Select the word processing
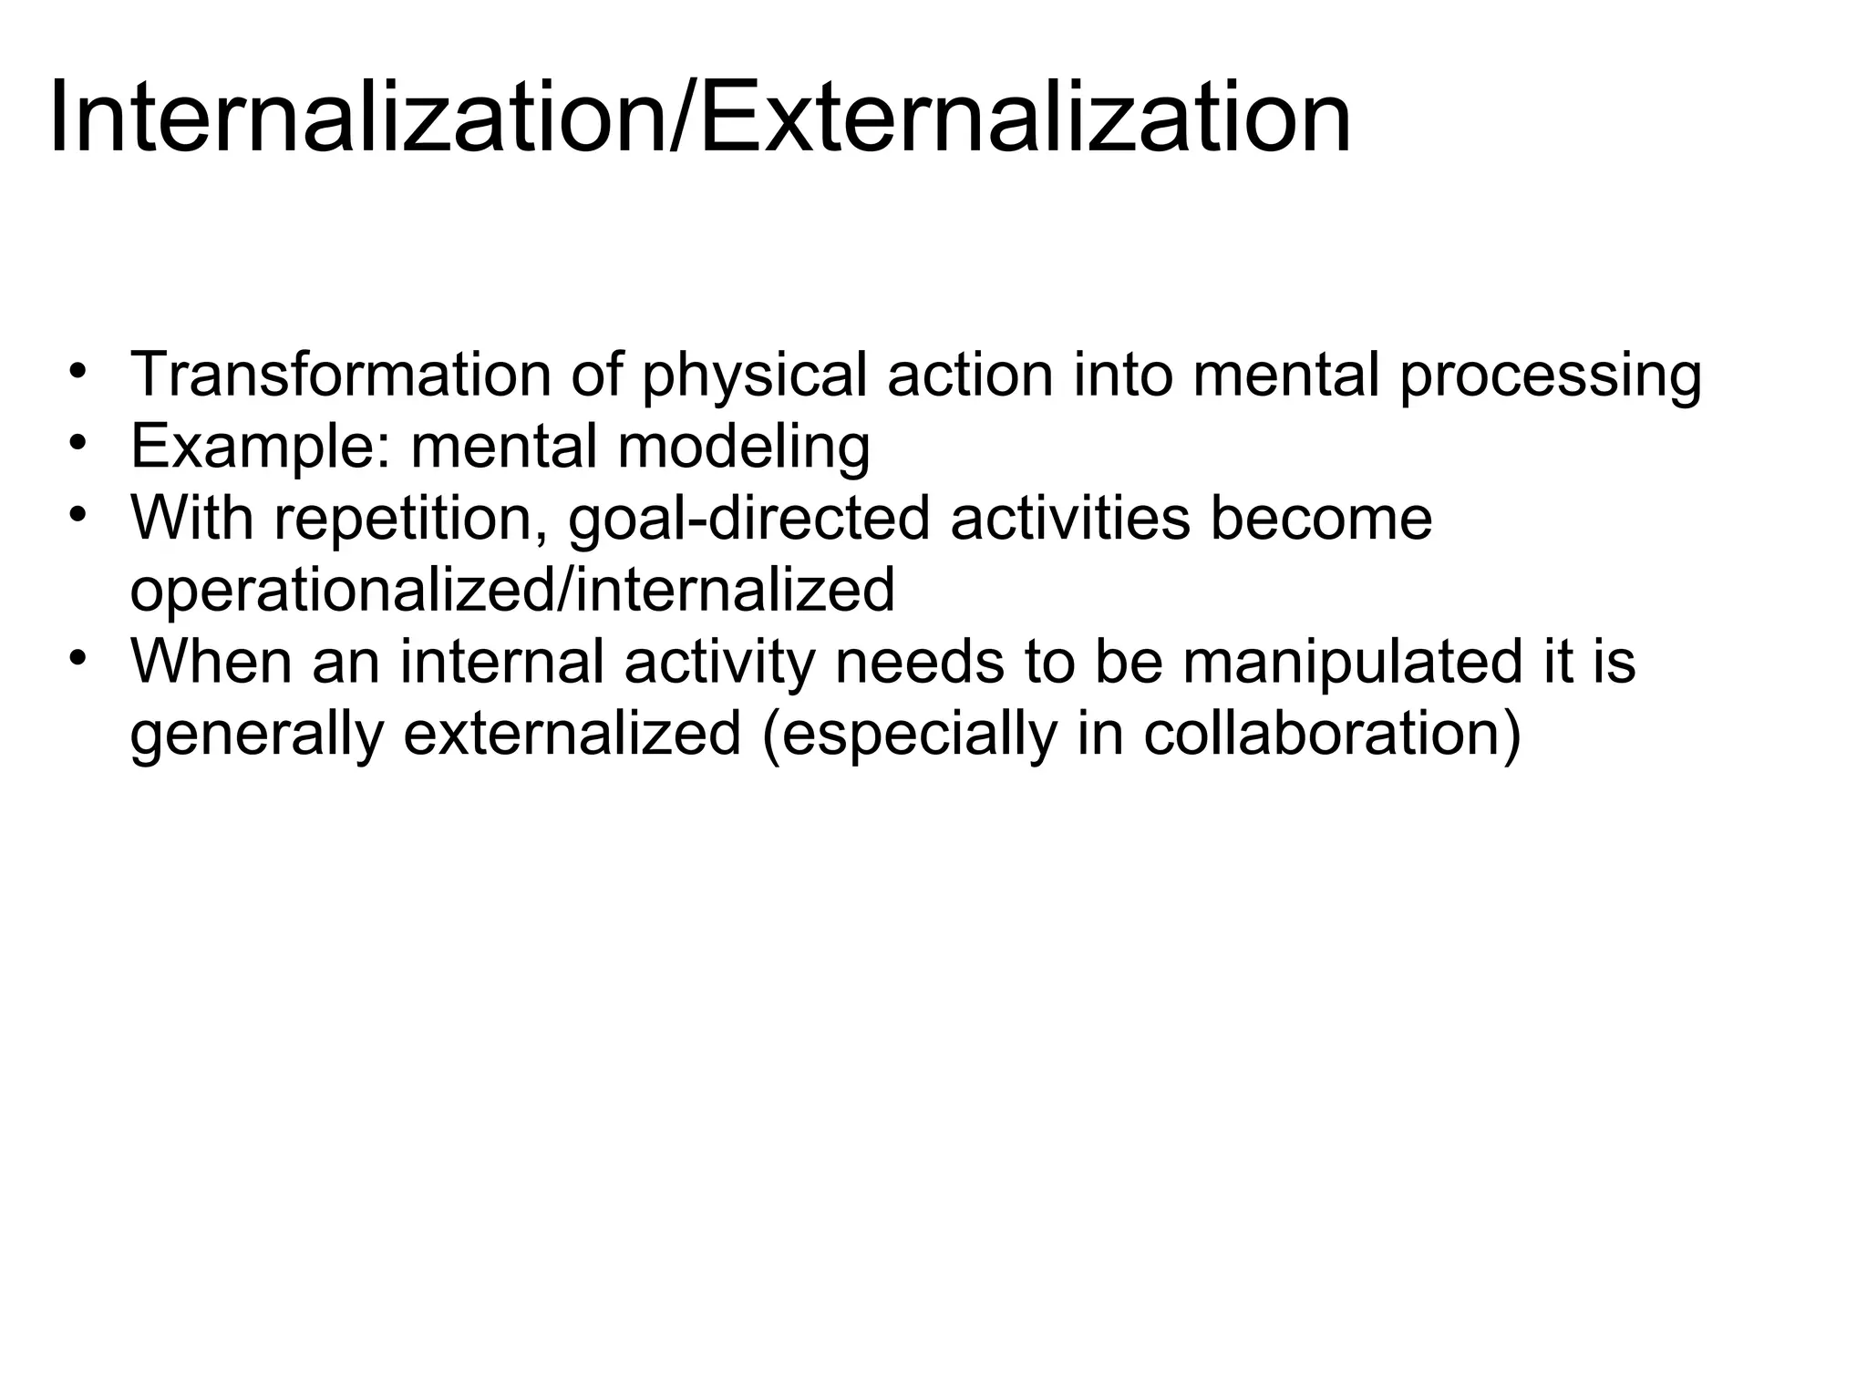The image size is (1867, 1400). tap(1550, 375)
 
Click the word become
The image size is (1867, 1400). tap(1321, 519)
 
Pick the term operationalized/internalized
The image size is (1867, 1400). tap(512, 590)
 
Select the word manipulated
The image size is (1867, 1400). tap(1352, 662)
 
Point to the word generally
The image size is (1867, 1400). tap(257, 734)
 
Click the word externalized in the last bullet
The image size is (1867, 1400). tap(572, 734)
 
